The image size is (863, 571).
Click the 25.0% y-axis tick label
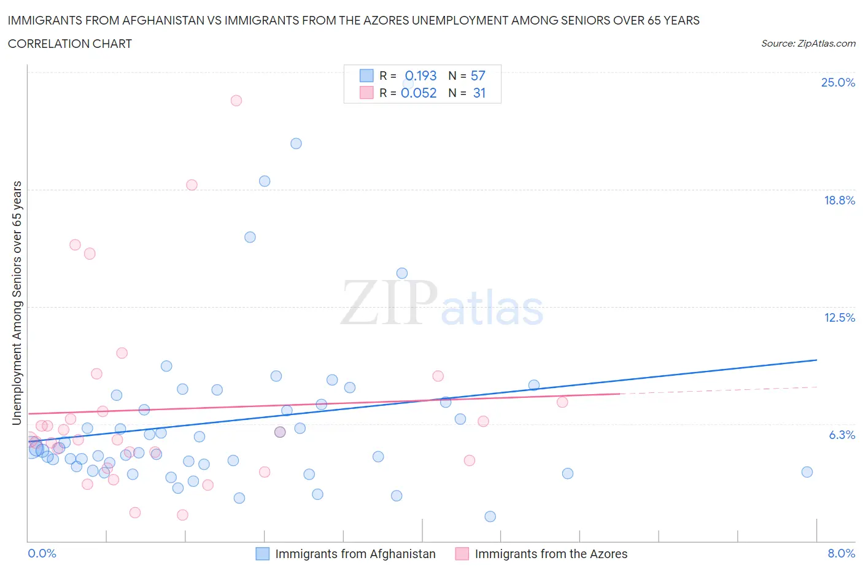click(x=838, y=82)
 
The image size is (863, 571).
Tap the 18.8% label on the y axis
click(x=839, y=200)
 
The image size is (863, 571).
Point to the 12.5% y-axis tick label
click(x=839, y=317)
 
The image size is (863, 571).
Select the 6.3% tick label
click(x=842, y=435)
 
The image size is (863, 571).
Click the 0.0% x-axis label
click(x=42, y=553)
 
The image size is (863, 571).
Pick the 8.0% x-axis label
click(x=841, y=553)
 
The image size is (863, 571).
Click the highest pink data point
click(x=236, y=100)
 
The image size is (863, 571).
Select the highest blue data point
click(x=296, y=144)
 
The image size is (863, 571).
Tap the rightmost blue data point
click(x=807, y=472)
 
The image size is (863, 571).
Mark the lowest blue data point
click(x=490, y=516)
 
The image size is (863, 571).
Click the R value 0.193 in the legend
click(x=420, y=76)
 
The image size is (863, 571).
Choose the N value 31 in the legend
click(x=479, y=93)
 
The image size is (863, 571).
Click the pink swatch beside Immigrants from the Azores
click(x=462, y=554)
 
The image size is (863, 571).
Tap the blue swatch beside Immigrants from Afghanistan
click(x=262, y=554)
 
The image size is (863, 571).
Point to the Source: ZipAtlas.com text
click(x=808, y=43)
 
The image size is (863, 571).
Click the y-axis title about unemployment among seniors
click(x=17, y=303)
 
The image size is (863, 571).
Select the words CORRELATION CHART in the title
click(x=69, y=44)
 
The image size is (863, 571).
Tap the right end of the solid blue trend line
click(x=816, y=360)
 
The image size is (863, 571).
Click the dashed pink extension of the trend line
click(x=718, y=390)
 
